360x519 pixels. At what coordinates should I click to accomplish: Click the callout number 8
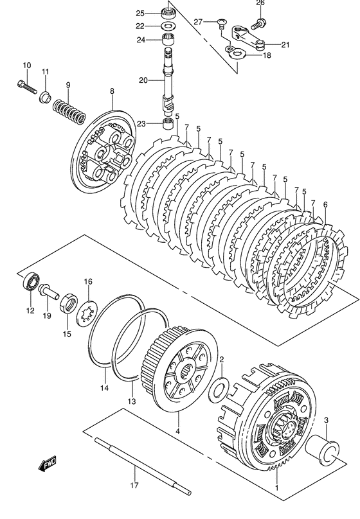click(x=112, y=92)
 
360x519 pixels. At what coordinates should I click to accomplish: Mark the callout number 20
click(x=143, y=80)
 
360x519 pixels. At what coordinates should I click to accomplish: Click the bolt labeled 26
click(x=259, y=23)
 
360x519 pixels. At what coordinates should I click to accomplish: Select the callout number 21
click(x=285, y=44)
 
